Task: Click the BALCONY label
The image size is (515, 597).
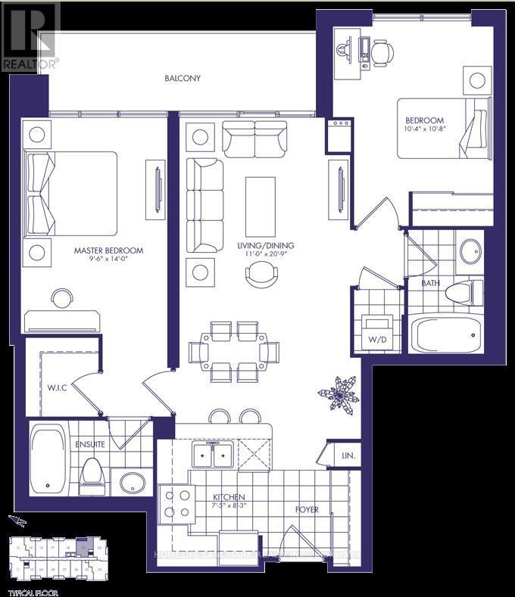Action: click(183, 78)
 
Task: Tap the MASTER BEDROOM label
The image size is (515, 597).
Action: click(108, 250)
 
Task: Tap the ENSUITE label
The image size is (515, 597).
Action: click(89, 444)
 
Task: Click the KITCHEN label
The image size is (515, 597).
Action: click(228, 497)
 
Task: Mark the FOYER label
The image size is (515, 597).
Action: click(307, 509)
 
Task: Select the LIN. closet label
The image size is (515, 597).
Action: click(348, 456)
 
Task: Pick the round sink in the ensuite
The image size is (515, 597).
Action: click(132, 482)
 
